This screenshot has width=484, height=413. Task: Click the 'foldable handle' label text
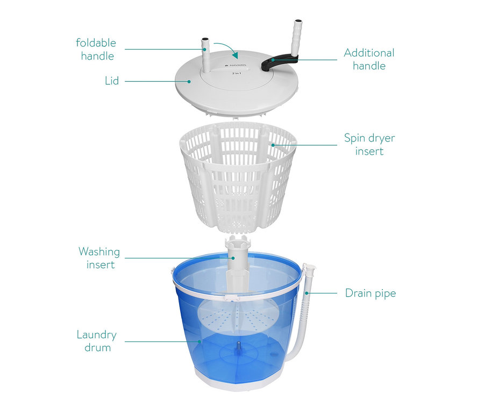(x=96, y=50)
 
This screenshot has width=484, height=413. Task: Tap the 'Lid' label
(x=112, y=81)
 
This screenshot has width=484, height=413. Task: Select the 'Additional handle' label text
(x=369, y=59)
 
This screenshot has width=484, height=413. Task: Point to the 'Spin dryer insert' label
(x=369, y=144)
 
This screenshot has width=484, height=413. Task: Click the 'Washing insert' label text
(x=99, y=258)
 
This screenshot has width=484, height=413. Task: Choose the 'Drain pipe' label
(x=371, y=293)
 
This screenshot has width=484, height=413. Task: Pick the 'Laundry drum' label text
(x=97, y=341)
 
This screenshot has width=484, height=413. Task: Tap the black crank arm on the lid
(x=279, y=61)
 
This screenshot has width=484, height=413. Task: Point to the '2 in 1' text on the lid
(x=237, y=73)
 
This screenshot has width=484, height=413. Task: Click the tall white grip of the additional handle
(x=297, y=38)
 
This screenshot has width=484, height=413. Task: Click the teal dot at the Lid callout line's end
(x=189, y=81)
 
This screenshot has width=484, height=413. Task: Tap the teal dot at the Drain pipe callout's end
(x=307, y=293)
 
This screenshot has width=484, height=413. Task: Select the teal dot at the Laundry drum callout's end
(x=200, y=341)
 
